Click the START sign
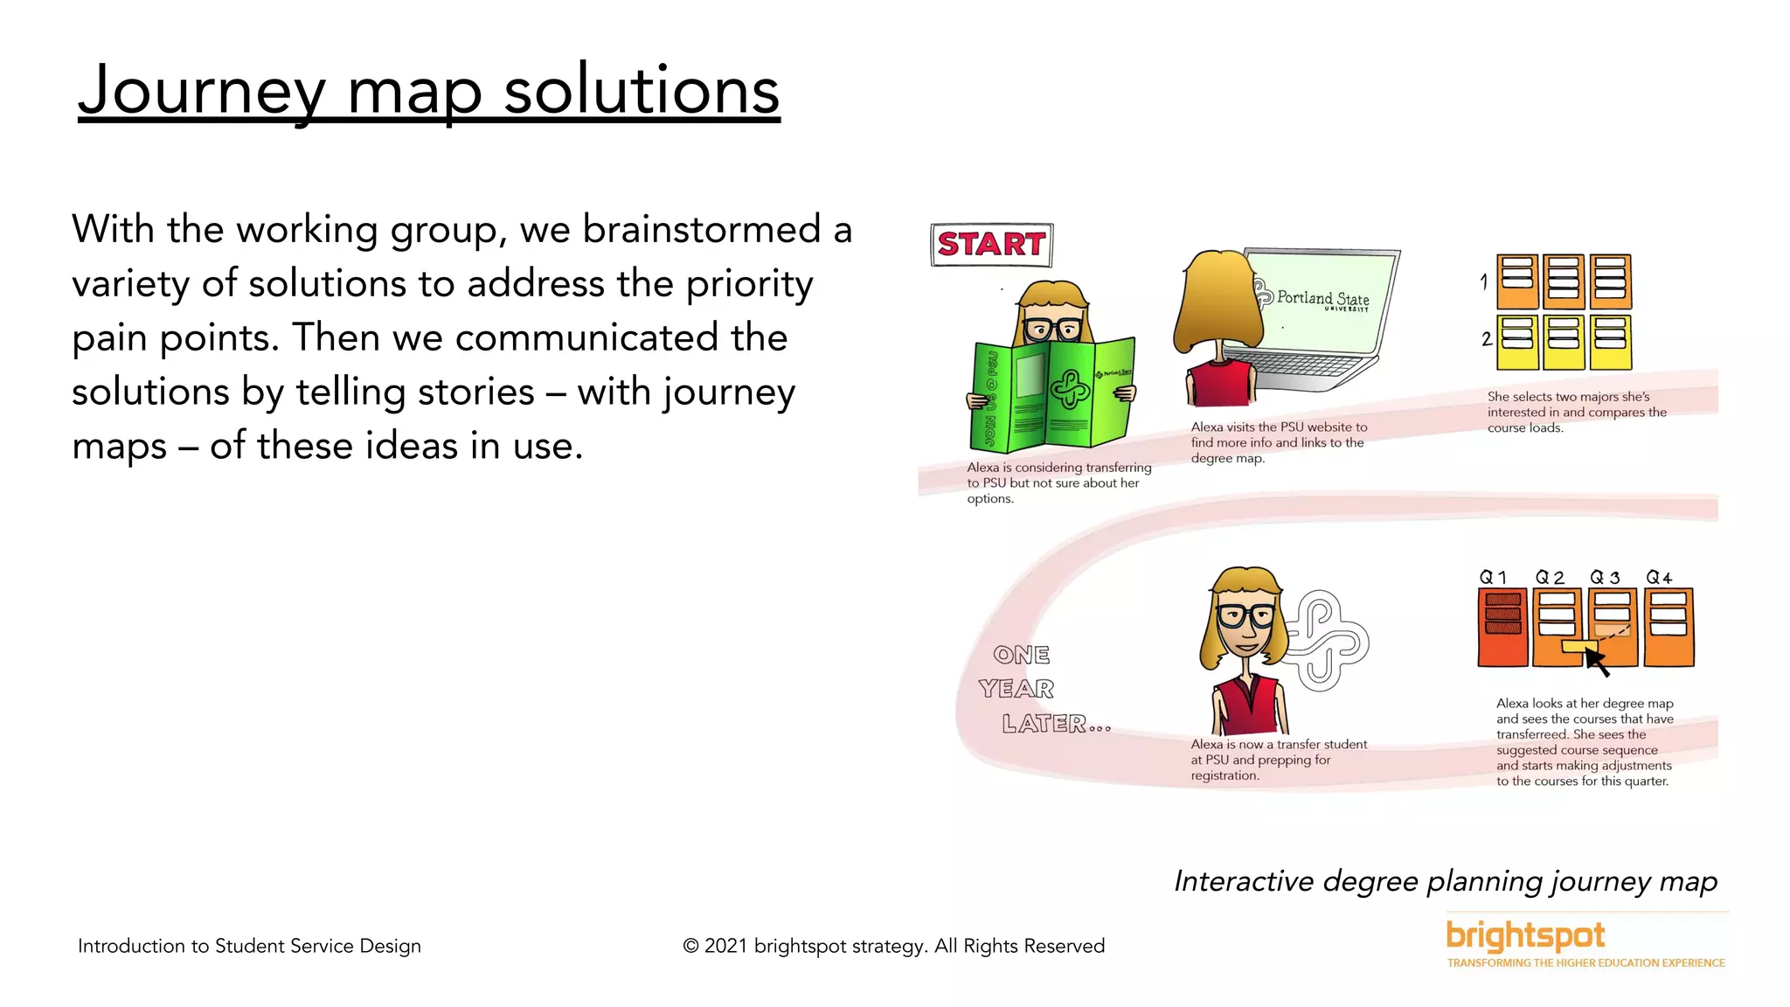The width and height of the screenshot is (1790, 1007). point(991,244)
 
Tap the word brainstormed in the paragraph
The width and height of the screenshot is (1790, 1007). point(701,230)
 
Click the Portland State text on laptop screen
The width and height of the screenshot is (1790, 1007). point(1322,298)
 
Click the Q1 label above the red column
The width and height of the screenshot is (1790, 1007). point(1493,577)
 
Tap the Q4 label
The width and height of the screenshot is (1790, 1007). point(1659,577)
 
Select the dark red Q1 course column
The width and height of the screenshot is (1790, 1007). point(1502,628)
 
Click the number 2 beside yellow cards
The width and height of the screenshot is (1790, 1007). point(1486,338)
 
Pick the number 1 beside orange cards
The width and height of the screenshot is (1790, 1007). point(1484,281)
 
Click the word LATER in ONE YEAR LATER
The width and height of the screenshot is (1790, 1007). point(1044,724)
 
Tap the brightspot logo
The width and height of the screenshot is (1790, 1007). point(1525,935)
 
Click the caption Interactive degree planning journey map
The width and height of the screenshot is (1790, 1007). point(1445,881)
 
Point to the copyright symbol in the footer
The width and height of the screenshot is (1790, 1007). point(690,946)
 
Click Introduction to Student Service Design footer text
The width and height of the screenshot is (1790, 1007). point(249,946)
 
